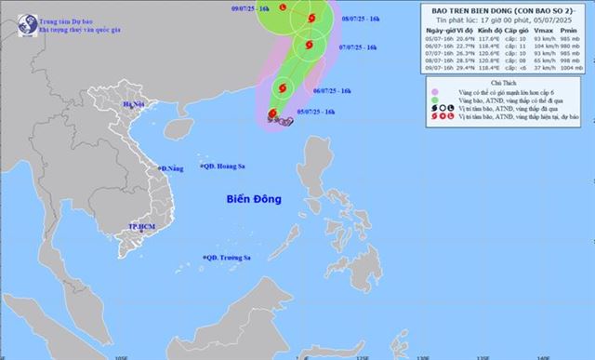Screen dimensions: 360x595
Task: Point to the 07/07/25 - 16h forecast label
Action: click(x=359, y=47)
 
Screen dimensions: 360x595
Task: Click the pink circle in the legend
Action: click(x=434, y=92)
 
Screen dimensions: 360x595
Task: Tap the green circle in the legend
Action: click(x=434, y=100)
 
